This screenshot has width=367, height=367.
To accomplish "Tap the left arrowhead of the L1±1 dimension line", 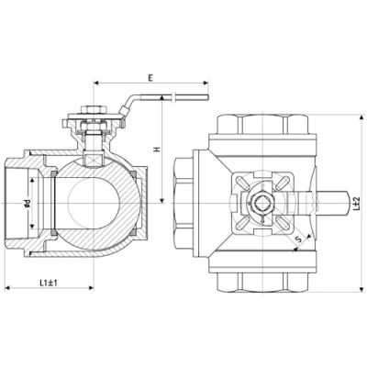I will point(7,288).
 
